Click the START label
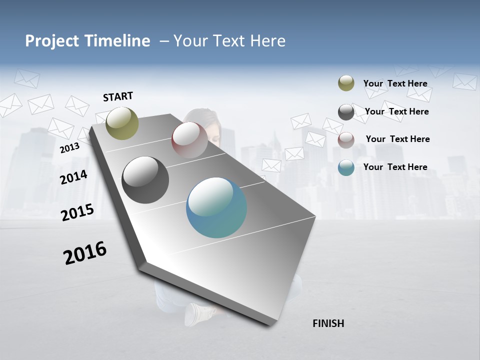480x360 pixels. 118,96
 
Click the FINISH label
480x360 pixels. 328,323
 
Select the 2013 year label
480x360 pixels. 69,147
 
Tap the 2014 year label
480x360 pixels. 73,177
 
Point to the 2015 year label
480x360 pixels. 77,212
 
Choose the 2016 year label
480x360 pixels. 85,253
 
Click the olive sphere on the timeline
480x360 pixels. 122,123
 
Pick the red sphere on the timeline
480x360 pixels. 189,140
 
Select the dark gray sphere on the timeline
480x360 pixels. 145,180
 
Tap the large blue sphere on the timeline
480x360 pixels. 216,207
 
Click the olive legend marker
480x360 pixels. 346,83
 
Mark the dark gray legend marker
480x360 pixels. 346,112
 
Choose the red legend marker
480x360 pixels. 346,140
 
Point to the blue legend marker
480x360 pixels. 346,167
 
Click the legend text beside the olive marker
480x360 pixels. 395,83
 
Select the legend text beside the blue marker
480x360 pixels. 395,167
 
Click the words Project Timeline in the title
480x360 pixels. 87,41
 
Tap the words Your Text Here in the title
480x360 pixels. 229,41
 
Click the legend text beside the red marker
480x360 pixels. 397,139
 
